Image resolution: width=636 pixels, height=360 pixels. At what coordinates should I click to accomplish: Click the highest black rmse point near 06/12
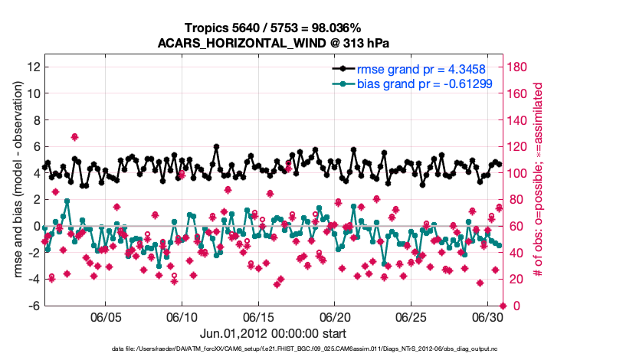point(217,146)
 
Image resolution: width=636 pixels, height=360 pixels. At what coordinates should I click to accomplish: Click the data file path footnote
point(273,349)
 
